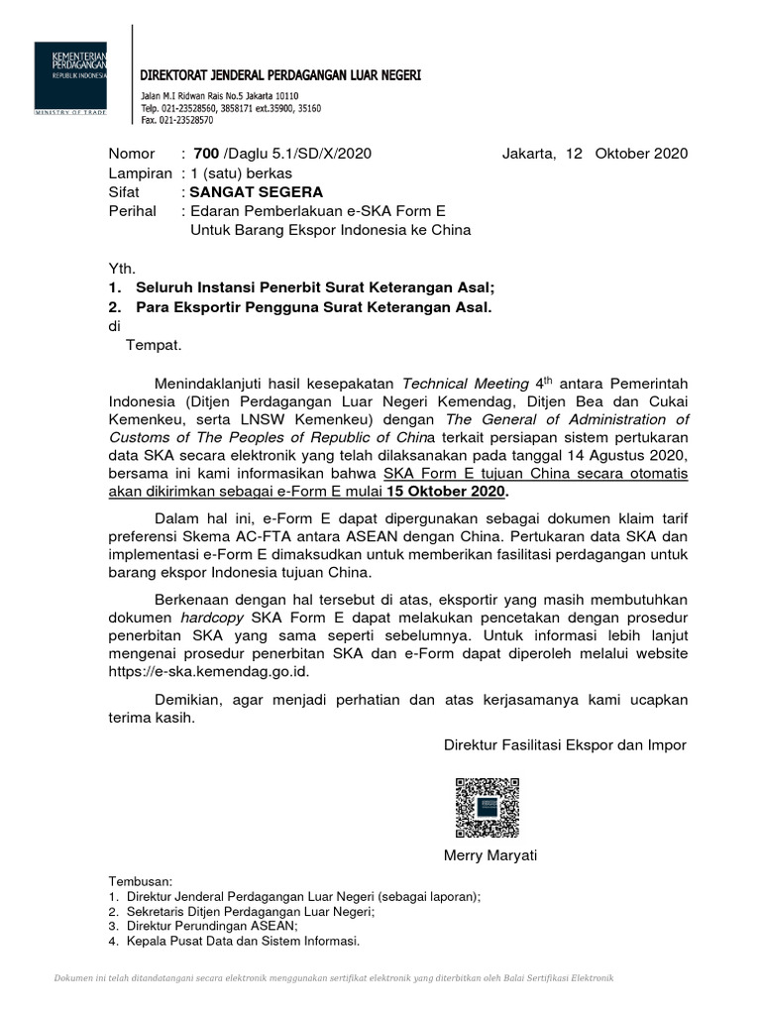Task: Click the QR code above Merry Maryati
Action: point(488,808)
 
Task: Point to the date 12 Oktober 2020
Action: point(626,153)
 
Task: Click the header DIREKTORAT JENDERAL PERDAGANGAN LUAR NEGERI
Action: point(280,75)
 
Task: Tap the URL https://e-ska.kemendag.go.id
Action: point(214,671)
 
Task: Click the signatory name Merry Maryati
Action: point(490,855)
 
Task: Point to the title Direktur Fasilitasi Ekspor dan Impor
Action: point(565,744)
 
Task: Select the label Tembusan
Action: point(140,880)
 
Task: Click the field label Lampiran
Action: point(140,172)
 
